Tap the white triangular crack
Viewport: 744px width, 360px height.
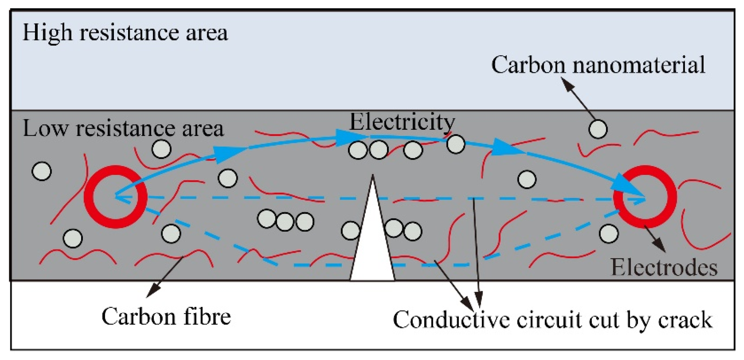373,249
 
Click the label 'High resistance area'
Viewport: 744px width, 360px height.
125,33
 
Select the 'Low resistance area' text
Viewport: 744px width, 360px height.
123,128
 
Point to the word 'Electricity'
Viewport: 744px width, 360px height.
402,122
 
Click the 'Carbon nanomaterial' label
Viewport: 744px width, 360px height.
598,65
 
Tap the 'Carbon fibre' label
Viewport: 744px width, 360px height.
166,316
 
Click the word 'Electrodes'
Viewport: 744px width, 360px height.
664,267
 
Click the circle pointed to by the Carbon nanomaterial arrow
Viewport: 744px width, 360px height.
598,129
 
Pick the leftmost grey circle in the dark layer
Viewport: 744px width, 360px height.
42,171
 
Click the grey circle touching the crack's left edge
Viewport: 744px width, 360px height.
350,231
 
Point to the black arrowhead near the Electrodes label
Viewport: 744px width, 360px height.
659,246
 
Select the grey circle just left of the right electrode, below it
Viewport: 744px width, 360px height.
609,234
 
